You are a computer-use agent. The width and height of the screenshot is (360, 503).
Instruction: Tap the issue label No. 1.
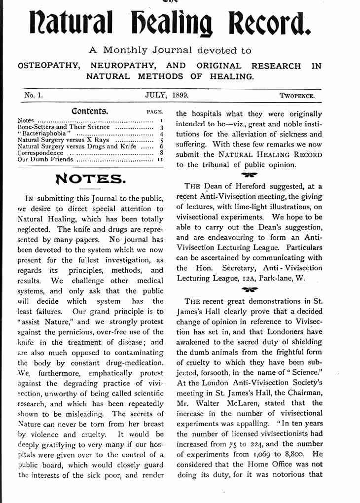coord(34,95)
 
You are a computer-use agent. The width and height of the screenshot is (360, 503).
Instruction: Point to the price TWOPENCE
coord(297,96)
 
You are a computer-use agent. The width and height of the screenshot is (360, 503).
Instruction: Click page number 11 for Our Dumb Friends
coord(160,160)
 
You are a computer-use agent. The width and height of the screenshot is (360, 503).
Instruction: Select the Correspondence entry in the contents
coord(40,153)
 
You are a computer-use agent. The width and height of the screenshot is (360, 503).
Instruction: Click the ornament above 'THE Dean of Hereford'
coord(249,174)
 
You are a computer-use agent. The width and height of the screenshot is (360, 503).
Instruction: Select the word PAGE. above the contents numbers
coord(154,112)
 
